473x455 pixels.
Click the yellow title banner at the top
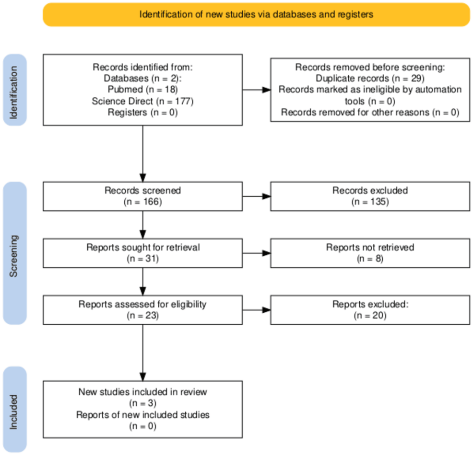click(x=257, y=14)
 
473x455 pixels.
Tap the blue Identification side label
click(x=15, y=90)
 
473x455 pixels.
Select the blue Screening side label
click(x=15, y=253)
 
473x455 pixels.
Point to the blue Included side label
click(x=15, y=409)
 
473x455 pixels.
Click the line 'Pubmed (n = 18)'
click(x=142, y=90)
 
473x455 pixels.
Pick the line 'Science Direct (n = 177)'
click(x=142, y=101)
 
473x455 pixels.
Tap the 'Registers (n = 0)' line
click(x=142, y=113)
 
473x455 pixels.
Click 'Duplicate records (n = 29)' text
click(x=370, y=78)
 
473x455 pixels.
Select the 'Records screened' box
click(x=142, y=196)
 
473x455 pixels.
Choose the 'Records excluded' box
click(x=370, y=196)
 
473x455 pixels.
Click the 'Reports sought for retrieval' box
click(x=142, y=253)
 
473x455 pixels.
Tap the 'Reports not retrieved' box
click(x=370, y=253)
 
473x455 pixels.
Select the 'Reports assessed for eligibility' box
click(x=142, y=310)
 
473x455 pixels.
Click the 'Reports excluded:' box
click(x=370, y=310)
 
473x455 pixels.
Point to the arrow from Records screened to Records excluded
click(x=257, y=196)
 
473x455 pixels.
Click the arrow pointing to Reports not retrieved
click(x=257, y=253)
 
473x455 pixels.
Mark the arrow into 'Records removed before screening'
click(x=257, y=90)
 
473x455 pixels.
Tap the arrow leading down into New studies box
click(x=142, y=353)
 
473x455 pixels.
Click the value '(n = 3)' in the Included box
click(x=142, y=403)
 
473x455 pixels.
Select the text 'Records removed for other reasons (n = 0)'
click(x=370, y=113)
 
